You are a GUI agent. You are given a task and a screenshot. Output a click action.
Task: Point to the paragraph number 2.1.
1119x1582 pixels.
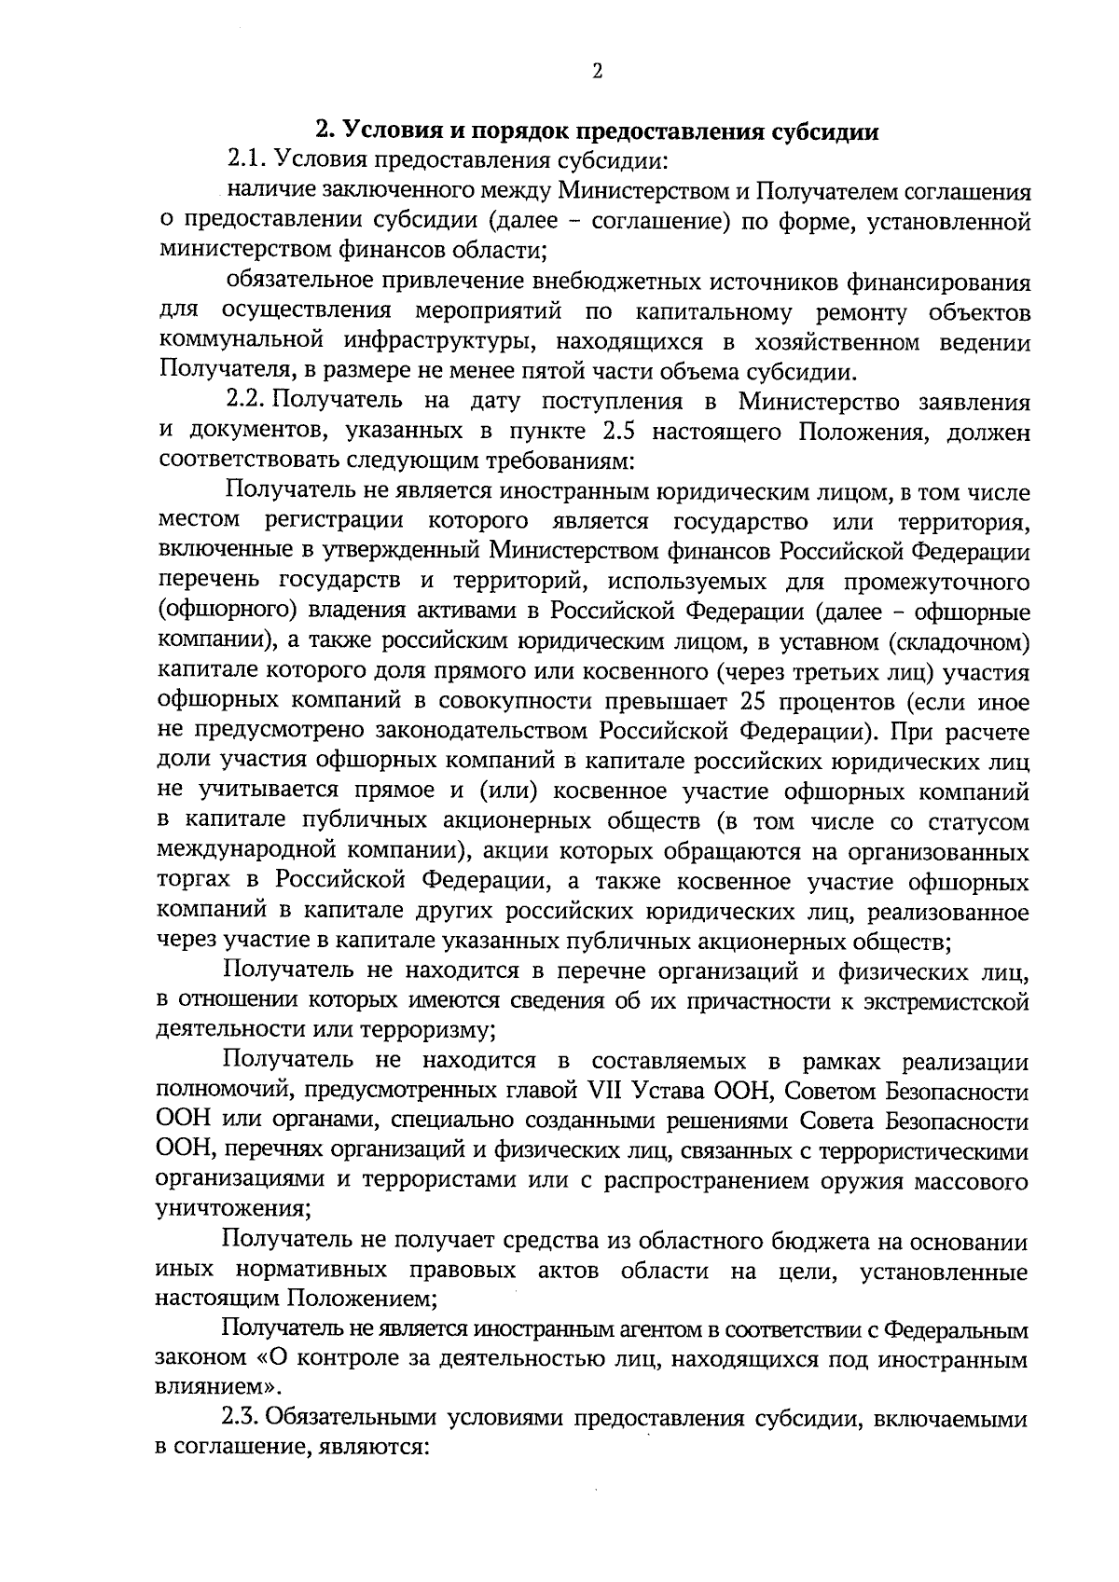click(x=244, y=160)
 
